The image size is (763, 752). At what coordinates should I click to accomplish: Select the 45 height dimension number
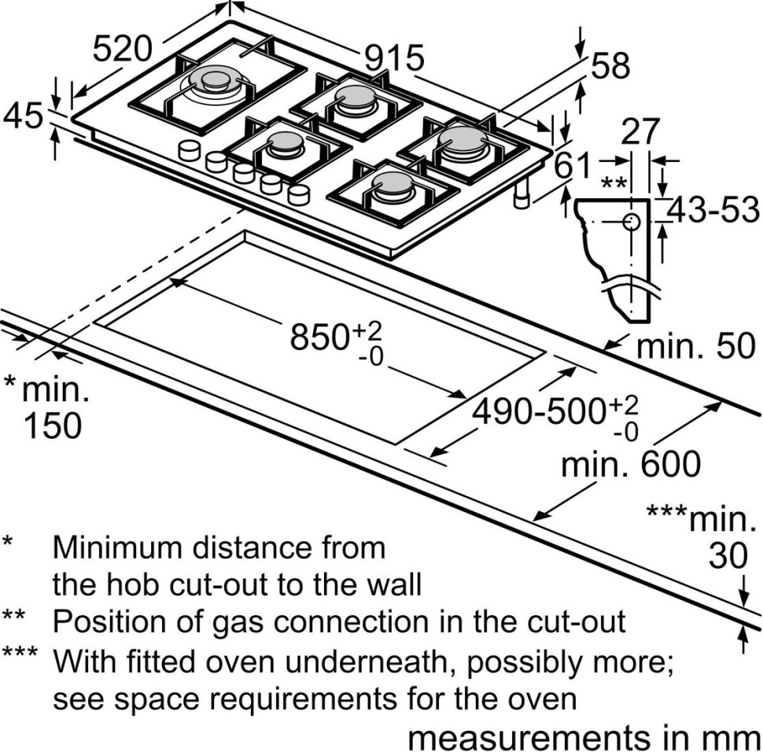coord(23,116)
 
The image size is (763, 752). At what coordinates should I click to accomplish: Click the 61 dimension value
coord(572,166)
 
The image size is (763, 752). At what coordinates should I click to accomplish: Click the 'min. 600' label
coord(630,464)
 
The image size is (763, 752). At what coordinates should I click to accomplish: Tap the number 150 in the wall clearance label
coord(52,426)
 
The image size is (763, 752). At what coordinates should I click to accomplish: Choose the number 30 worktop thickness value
coord(727,556)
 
